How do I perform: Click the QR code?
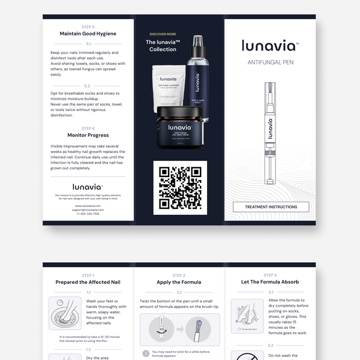180,187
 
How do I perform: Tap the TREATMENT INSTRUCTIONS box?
270,207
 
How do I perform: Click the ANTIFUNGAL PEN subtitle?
270,62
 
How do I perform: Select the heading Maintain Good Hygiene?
88,34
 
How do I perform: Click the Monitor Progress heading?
88,135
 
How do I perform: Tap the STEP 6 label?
88,128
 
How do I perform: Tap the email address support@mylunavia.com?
88,209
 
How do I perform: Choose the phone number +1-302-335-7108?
88,214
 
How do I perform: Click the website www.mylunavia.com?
88,205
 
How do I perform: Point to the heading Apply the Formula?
179,282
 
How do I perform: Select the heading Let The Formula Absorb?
270,282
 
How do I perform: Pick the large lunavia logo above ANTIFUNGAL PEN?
269,46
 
